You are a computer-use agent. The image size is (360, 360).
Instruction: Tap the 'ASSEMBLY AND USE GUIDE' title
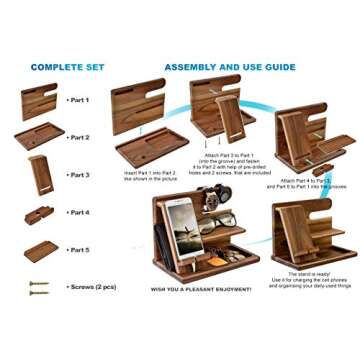(x=229, y=67)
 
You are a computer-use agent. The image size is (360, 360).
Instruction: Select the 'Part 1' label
(x=78, y=100)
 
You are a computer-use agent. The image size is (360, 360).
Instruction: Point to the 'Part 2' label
(x=78, y=137)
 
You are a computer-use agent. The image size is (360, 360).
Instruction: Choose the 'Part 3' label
(x=78, y=175)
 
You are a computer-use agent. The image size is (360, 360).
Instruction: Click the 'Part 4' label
(x=78, y=212)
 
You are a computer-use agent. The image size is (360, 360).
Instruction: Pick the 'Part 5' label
(x=78, y=249)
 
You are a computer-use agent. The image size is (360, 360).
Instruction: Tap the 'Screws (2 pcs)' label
(x=92, y=287)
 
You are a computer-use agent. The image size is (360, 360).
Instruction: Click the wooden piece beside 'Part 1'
(x=38, y=101)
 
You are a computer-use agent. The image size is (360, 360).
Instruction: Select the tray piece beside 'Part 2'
(x=39, y=136)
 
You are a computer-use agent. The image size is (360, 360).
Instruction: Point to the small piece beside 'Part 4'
(x=39, y=213)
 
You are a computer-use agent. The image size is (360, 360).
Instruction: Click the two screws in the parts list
(x=39, y=287)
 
